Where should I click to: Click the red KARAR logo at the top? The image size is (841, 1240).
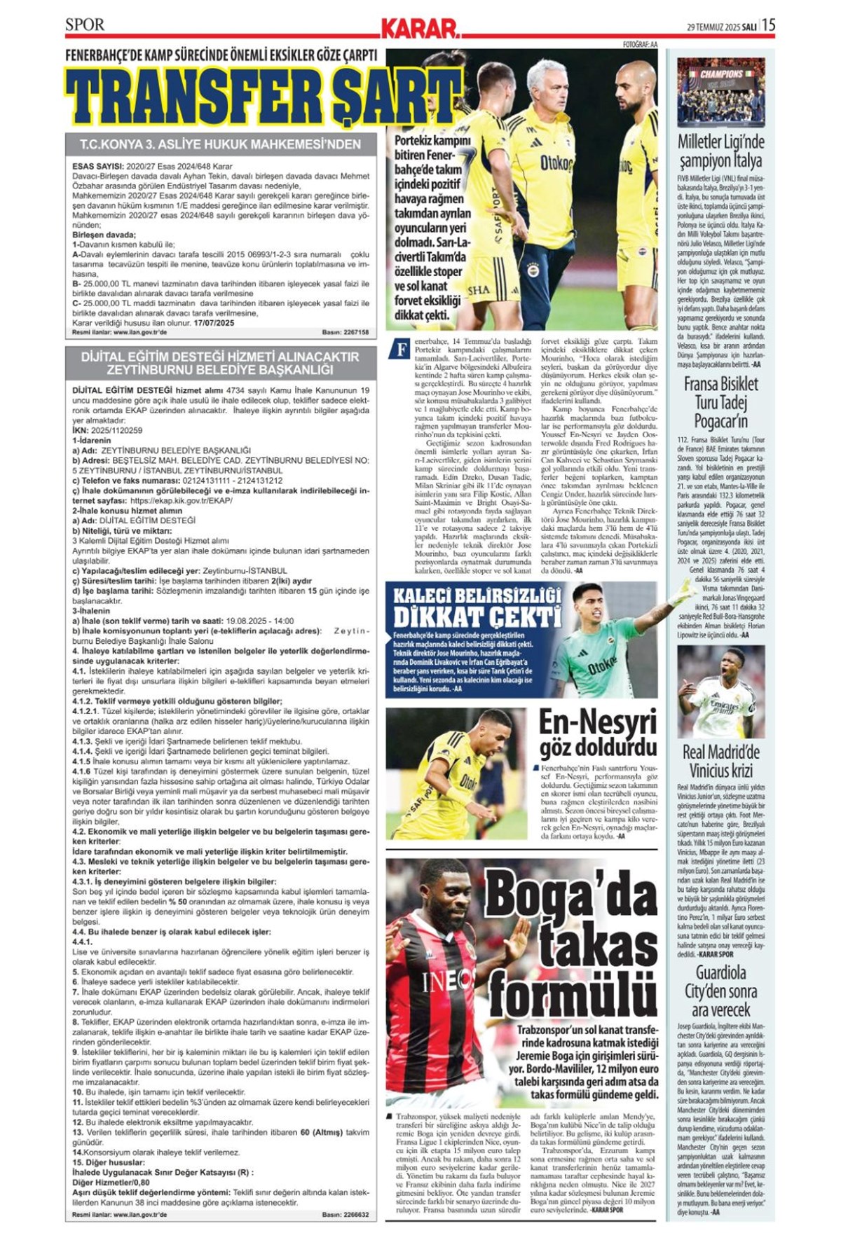(x=419, y=28)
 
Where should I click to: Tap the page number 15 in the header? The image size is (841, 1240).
(x=767, y=25)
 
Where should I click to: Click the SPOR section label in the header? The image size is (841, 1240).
(x=85, y=25)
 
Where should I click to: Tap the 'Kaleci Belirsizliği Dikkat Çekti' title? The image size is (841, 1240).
(x=477, y=607)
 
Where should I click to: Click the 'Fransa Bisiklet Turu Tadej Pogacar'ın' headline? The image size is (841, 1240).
(x=720, y=402)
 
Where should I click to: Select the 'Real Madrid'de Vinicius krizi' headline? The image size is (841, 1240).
(x=720, y=762)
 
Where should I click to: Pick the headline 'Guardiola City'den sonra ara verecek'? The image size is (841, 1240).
(x=720, y=991)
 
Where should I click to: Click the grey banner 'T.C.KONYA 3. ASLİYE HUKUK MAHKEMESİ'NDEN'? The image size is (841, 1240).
(x=220, y=145)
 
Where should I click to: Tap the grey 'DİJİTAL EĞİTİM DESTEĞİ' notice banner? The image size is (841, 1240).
(x=220, y=362)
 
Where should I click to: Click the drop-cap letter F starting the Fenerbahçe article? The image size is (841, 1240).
(x=400, y=350)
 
